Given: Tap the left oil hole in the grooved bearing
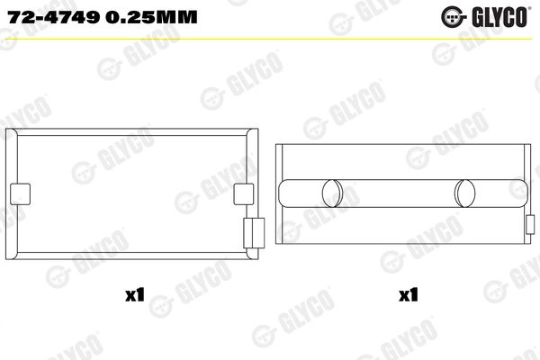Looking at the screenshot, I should point(331,193).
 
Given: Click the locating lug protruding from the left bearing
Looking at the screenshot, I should point(253,230).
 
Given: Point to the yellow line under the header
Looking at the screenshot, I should point(270,34).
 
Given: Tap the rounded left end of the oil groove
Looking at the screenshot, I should point(284,193).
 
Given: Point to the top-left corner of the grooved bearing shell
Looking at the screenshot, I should point(277,143).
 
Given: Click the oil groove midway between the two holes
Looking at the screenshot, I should point(398,193).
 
